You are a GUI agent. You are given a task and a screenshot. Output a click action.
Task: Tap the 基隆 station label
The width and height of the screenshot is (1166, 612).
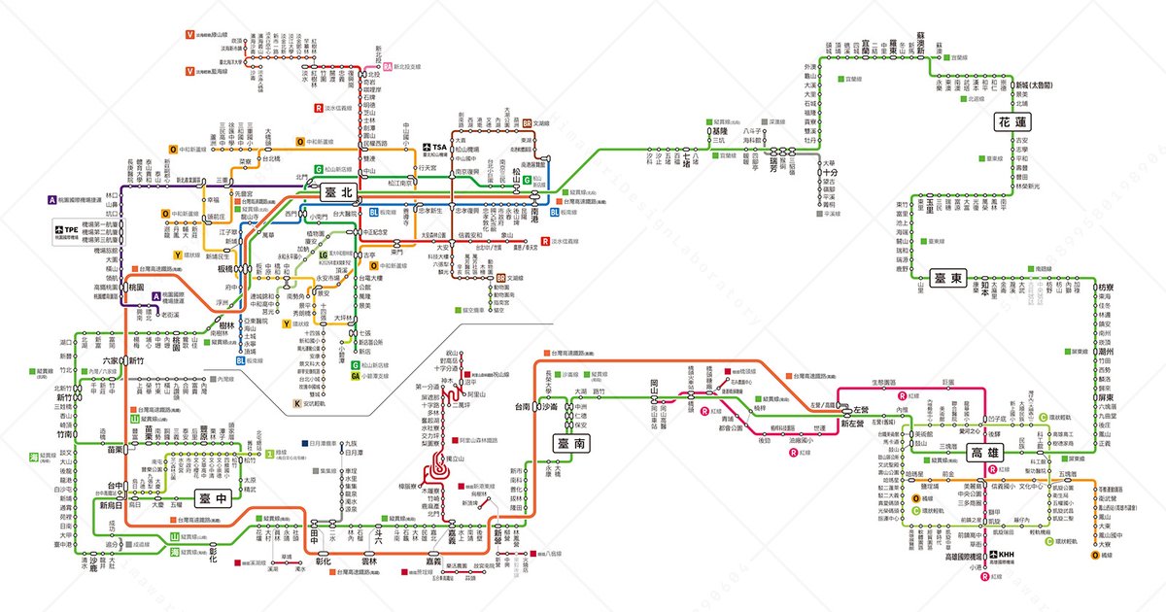tap(719, 130)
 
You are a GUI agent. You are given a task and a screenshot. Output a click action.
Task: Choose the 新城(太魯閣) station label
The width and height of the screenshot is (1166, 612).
tap(1035, 85)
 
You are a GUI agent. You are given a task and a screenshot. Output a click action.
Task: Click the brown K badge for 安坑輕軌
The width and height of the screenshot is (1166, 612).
tap(297, 402)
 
